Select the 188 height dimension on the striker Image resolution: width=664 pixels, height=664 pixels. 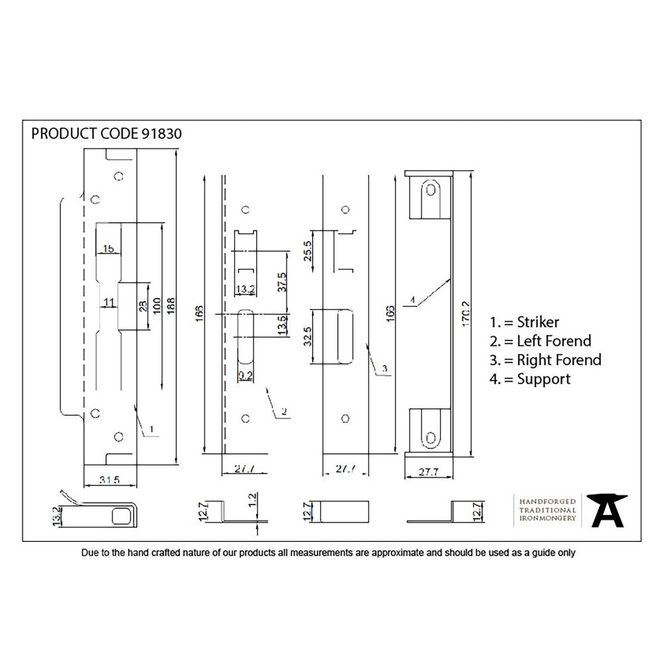tap(171, 305)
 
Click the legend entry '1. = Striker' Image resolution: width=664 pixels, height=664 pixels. tap(524, 323)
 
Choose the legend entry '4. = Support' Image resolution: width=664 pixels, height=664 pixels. tap(530, 379)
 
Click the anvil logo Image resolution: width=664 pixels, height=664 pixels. tap(606, 510)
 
